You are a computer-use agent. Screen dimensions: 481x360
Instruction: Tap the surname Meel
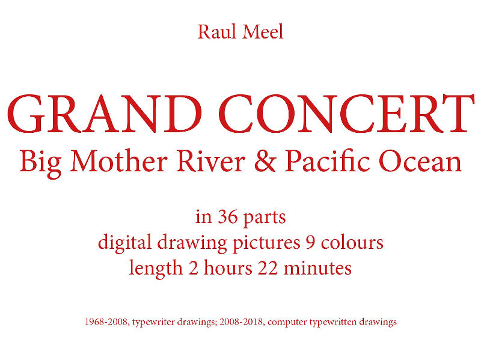[263, 32]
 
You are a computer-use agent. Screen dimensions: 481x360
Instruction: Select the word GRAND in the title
[105, 114]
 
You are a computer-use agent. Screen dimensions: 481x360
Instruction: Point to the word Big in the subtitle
[40, 163]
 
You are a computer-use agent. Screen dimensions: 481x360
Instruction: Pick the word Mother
[119, 161]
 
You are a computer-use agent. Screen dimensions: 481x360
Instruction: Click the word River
[211, 161]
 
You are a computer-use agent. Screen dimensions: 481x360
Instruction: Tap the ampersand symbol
[265, 161]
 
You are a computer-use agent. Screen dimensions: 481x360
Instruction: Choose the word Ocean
[420, 161]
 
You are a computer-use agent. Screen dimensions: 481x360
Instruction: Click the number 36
[228, 216]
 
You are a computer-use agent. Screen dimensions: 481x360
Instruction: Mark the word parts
[265, 218]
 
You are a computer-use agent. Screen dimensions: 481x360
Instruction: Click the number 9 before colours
[310, 242]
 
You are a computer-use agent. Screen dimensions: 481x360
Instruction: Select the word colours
[352, 242]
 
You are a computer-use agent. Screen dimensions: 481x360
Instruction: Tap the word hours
[228, 267]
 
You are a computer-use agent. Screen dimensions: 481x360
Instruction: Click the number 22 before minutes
[268, 267]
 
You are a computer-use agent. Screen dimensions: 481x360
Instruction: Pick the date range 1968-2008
[106, 322]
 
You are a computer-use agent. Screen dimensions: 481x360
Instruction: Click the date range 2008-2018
[242, 322]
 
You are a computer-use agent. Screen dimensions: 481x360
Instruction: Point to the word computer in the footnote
[287, 323]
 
